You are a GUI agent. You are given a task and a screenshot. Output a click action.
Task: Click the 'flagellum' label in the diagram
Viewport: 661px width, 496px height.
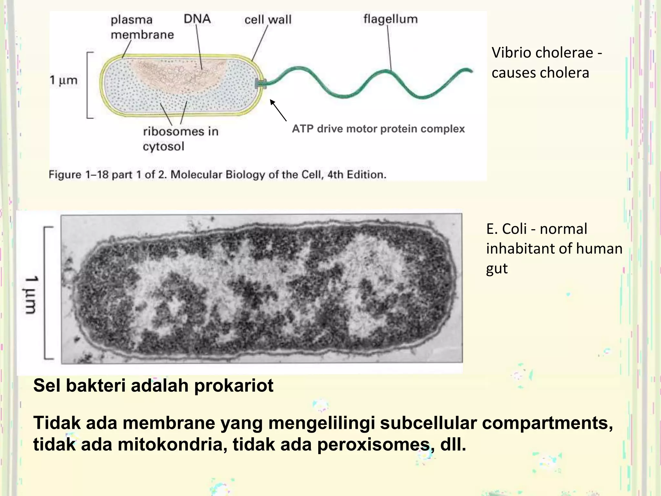click(391, 19)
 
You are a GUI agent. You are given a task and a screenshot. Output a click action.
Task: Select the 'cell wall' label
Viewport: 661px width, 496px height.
click(268, 20)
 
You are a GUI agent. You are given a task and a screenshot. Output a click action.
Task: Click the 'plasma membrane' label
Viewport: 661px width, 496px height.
click(142, 27)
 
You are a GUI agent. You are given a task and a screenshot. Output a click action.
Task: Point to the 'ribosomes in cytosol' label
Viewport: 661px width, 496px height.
click(180, 139)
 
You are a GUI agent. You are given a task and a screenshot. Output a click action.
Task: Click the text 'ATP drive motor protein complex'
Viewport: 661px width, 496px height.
click(378, 129)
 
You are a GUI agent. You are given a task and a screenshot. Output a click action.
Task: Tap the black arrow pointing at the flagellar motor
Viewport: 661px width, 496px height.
click(278, 110)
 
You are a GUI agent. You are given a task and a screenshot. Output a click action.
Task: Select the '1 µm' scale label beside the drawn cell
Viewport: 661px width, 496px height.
click(64, 80)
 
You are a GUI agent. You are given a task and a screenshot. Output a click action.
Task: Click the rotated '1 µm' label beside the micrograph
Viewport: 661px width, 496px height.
click(31, 294)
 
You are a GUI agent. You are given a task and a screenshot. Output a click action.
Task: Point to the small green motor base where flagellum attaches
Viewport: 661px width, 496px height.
click(260, 83)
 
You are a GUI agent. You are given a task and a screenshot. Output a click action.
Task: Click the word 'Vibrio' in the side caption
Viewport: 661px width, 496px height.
click(510, 53)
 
